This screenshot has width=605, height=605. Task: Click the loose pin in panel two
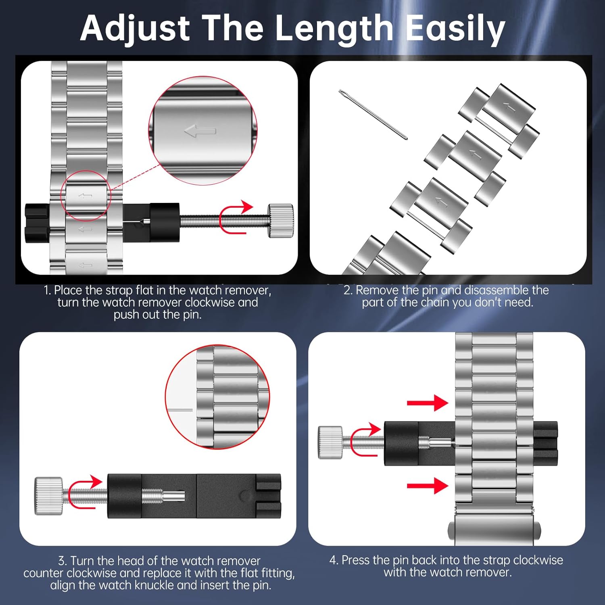[373, 115]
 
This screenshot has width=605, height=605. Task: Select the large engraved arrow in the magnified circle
[200, 131]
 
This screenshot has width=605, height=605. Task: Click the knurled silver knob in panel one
[281, 221]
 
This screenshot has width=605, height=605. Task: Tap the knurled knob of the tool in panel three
[48, 496]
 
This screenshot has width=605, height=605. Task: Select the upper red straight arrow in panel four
[428, 403]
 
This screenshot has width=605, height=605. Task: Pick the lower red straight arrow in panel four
[428, 485]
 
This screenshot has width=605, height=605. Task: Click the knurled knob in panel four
[330, 442]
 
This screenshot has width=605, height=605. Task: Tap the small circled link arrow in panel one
[85, 196]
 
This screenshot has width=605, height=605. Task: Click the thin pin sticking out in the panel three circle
[179, 410]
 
